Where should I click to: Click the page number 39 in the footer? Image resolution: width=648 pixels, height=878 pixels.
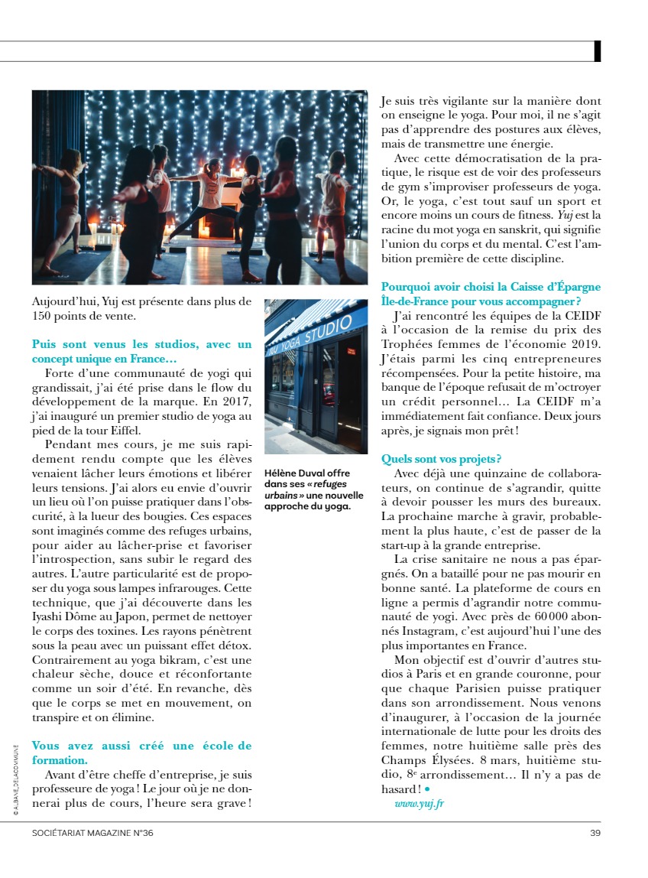(595, 833)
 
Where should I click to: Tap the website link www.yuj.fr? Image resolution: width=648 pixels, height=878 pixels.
(420, 803)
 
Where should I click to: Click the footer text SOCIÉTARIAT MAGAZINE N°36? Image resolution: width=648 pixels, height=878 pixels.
(92, 833)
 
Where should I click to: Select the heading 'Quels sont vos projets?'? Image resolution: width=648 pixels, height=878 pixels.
(441, 459)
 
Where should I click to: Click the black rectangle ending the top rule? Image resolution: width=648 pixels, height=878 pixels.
(598, 50)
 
